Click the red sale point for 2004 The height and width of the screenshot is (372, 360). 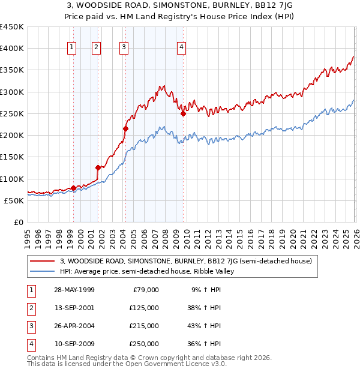pyautogui.click(x=125, y=128)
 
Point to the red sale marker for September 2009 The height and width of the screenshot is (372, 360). pyautogui.click(x=183, y=113)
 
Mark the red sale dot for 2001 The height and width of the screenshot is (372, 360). pyautogui.click(x=98, y=167)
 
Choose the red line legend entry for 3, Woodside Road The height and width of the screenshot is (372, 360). pyautogui.click(x=185, y=261)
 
